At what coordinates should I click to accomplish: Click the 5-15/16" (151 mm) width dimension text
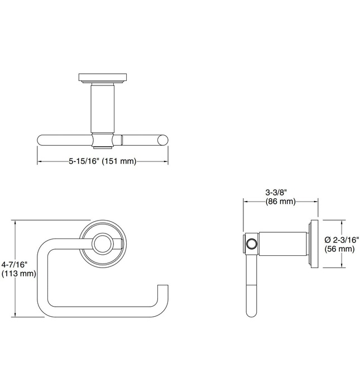click(x=103, y=161)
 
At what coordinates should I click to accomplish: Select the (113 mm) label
click(x=18, y=274)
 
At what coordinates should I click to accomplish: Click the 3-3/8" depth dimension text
click(x=280, y=192)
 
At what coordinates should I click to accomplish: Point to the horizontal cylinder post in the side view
click(x=282, y=244)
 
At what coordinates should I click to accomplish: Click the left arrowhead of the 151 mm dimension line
click(x=39, y=161)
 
